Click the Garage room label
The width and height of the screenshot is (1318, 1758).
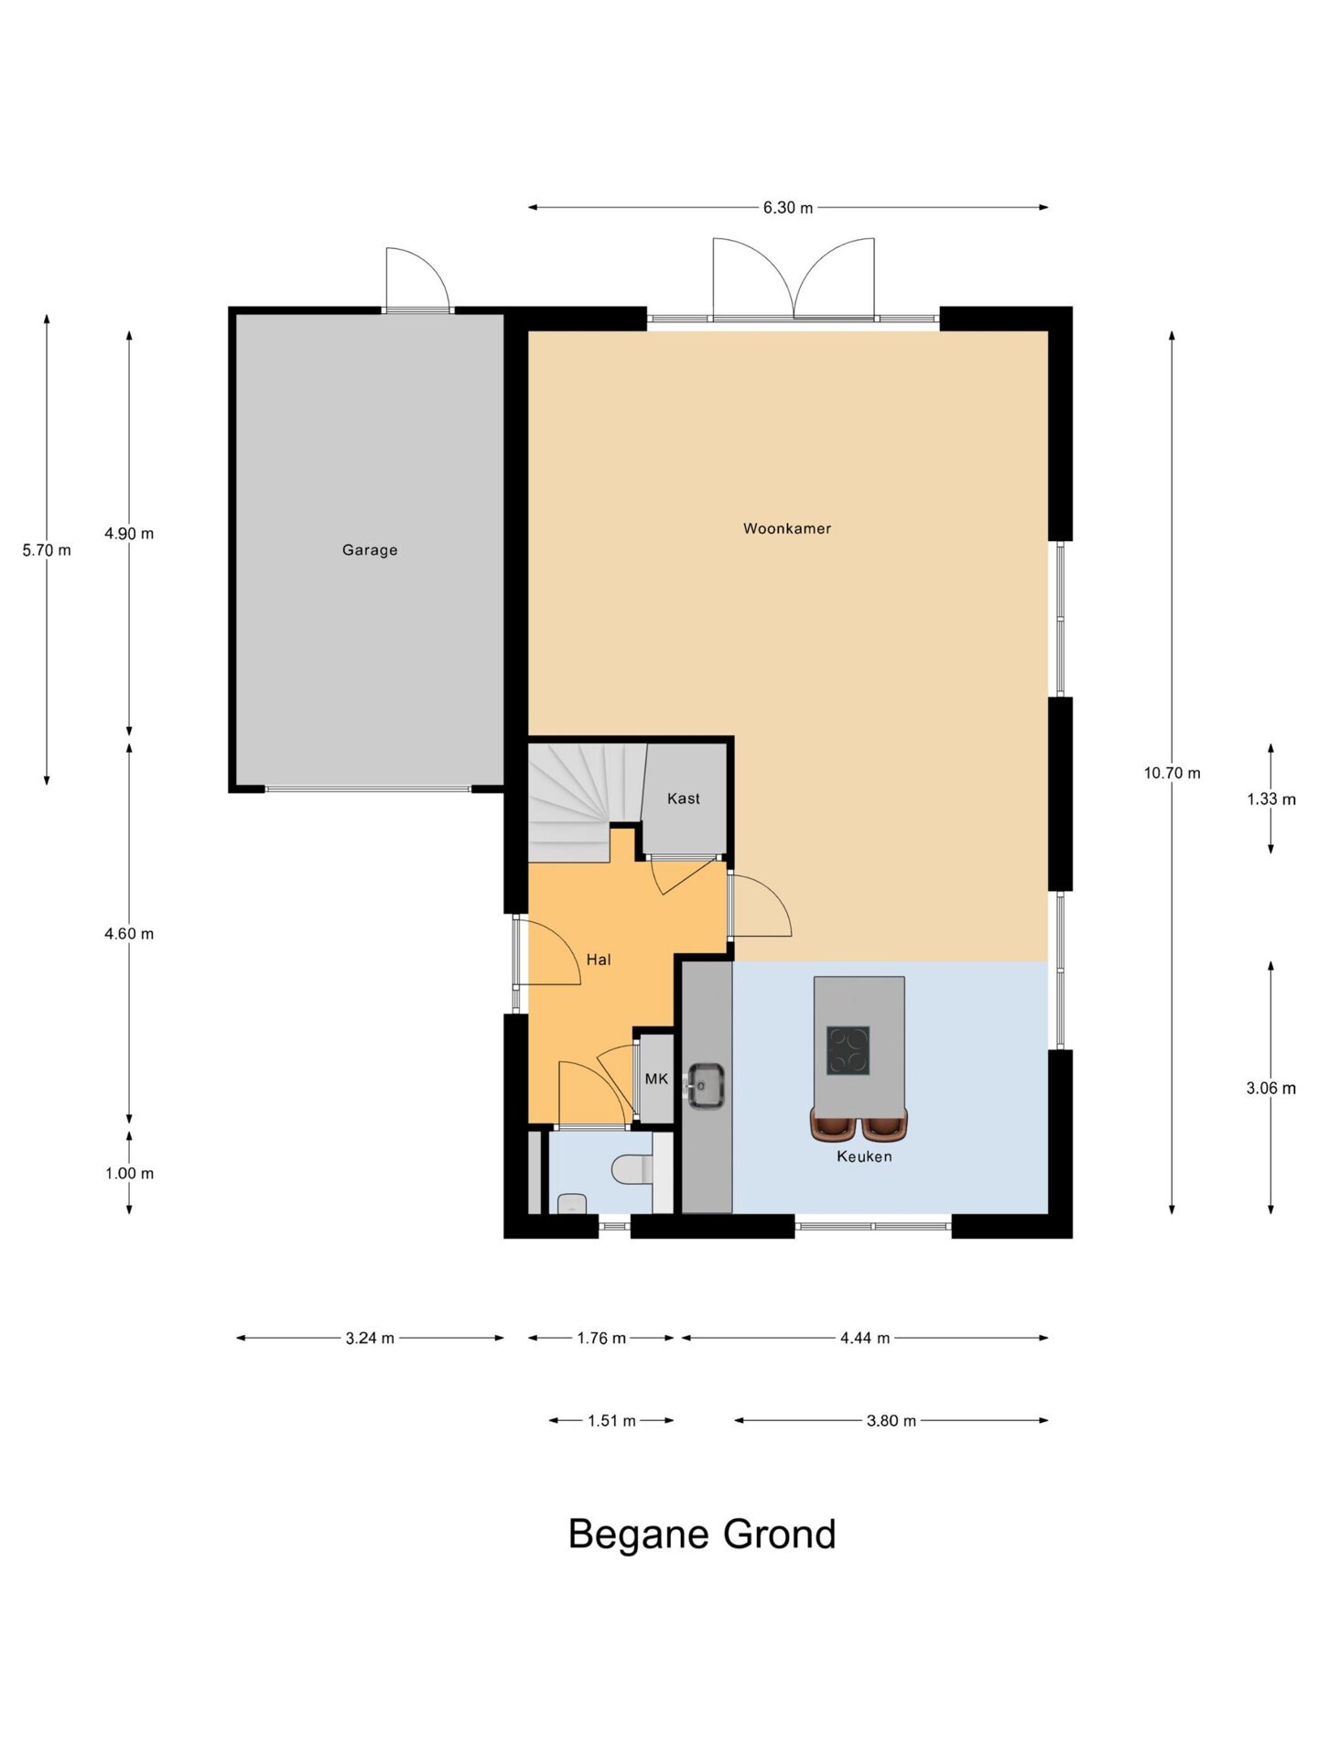click(x=370, y=550)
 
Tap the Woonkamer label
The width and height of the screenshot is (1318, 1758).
click(x=787, y=528)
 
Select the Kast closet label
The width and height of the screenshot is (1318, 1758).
click(x=684, y=798)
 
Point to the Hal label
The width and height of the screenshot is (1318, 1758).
click(x=599, y=960)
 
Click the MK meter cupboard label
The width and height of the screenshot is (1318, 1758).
click(x=656, y=1079)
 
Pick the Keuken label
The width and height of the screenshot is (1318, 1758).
click(x=864, y=1156)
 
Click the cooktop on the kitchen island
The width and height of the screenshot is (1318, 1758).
click(x=848, y=1050)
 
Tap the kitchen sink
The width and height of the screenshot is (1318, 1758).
click(x=706, y=1085)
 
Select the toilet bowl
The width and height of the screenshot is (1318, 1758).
click(x=632, y=1169)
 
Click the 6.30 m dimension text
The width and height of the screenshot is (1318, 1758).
click(x=788, y=208)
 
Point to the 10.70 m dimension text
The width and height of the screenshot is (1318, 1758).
click(x=1172, y=773)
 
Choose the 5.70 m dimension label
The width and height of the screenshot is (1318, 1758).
click(x=47, y=550)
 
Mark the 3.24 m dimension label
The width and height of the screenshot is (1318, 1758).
click(x=370, y=1338)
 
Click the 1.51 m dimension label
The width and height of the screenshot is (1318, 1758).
click(x=611, y=1420)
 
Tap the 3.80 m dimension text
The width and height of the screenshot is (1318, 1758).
click(x=891, y=1420)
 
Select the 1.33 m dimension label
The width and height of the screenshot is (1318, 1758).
click(x=1271, y=799)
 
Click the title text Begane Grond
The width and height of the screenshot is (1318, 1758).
click(x=702, y=1534)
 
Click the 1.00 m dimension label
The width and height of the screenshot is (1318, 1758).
click(x=129, y=1173)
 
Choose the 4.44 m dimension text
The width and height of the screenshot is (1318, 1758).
click(x=865, y=1338)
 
